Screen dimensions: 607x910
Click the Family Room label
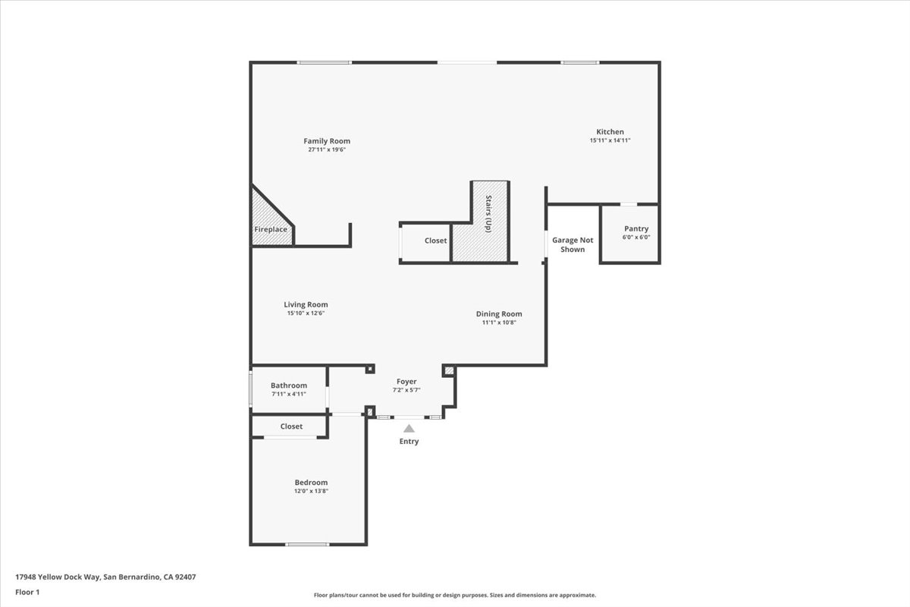point(327,141)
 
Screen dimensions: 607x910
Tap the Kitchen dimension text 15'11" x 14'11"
point(610,140)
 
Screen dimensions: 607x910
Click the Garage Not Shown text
point(572,244)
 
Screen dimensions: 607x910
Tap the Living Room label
point(306,305)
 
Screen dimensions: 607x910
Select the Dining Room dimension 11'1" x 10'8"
point(499,322)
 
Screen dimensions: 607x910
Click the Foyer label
point(406,382)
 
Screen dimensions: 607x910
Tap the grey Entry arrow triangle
point(409,429)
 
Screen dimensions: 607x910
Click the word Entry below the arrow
point(409,442)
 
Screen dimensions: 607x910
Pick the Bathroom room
point(289,389)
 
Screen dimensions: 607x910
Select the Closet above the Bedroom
point(291,426)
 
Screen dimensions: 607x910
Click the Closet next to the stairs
point(435,241)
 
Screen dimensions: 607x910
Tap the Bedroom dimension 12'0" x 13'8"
point(311,491)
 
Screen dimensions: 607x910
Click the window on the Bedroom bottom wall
point(307,544)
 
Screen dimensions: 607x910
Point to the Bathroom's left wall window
point(251,388)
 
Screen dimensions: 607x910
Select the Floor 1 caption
point(27,592)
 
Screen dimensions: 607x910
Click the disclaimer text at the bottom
point(455,596)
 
